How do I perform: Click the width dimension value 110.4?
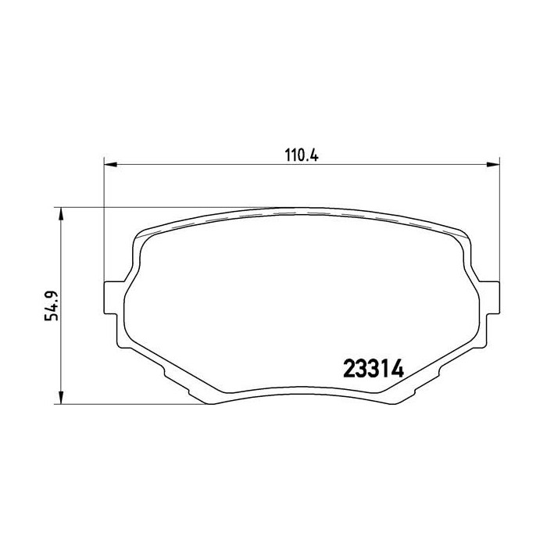(301, 155)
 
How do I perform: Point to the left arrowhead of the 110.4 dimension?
(110, 164)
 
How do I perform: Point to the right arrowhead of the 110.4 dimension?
(494, 164)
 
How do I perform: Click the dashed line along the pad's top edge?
(301, 214)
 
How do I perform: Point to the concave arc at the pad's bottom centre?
(301, 388)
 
